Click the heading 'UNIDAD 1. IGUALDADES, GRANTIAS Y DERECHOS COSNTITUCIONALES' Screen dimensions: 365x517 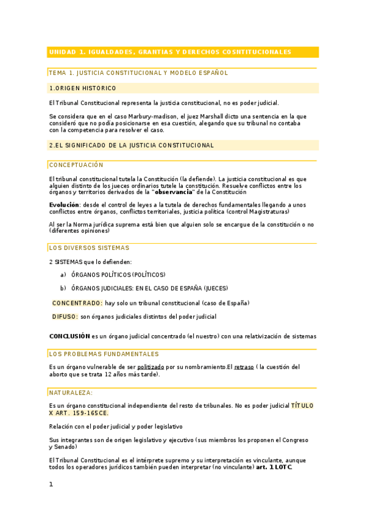(x=170, y=52)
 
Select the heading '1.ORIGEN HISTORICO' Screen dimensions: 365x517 (x=82, y=88)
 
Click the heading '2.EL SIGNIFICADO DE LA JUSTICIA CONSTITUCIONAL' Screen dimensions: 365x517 (x=131, y=146)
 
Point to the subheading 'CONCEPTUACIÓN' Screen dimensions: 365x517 (x=76, y=165)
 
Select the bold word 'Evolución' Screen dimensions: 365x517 (x=64, y=205)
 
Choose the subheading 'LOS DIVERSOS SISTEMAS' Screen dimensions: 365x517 (x=89, y=248)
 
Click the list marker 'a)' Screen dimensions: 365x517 (x=63, y=275)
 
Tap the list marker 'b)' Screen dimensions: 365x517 (x=63, y=288)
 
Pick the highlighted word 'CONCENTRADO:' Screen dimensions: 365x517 (x=77, y=303)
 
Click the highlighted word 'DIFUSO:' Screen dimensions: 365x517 (x=65, y=317)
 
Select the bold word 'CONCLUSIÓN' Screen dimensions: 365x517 (x=69, y=336)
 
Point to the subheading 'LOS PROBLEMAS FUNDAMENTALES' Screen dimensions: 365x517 (x=104, y=354)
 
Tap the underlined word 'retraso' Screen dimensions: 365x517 (x=244, y=367)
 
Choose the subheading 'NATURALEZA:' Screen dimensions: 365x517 (x=71, y=393)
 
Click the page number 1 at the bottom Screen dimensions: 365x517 (x=51, y=485)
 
